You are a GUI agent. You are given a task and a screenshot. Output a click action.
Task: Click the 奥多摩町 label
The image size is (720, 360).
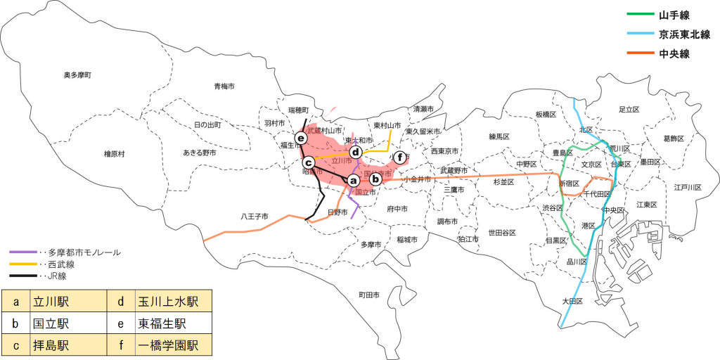pyautogui.click(x=77, y=75)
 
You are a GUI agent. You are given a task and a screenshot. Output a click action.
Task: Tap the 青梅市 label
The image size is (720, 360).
pyautogui.click(x=224, y=86)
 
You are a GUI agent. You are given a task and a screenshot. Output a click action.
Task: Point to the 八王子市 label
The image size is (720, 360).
pyautogui.click(x=254, y=217)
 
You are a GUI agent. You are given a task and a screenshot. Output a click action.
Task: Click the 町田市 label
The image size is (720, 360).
pyautogui.click(x=370, y=295)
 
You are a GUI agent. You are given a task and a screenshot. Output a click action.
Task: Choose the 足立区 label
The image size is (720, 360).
pyautogui.click(x=628, y=110)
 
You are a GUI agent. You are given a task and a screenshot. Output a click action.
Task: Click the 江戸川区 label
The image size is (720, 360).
pyautogui.click(x=688, y=187)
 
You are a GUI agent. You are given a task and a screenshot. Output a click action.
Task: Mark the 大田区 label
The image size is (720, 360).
pyautogui.click(x=573, y=301)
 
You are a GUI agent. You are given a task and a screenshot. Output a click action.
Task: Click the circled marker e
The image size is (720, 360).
pyautogui.click(x=301, y=138)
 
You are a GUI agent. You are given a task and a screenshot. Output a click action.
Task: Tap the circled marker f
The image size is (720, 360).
pyautogui.click(x=400, y=157)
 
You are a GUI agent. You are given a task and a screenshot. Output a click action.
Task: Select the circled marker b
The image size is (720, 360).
pyautogui.click(x=375, y=179)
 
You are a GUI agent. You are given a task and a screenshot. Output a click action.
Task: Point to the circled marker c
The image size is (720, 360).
pyautogui.click(x=307, y=162)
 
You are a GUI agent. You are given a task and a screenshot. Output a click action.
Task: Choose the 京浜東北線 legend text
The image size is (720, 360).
pyautogui.click(x=684, y=34)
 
